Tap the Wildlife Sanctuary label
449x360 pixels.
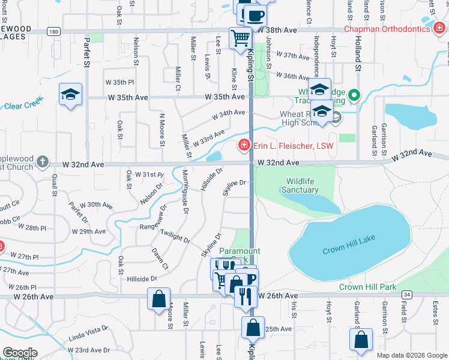pyautogui.click(x=302, y=185)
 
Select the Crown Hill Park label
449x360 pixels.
pyautogui.click(x=367, y=287)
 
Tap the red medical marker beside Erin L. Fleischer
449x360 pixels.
pyautogui.click(x=244, y=145)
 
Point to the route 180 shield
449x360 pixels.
pyautogui.click(x=55, y=31)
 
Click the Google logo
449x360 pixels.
pyautogui.click(x=20, y=353)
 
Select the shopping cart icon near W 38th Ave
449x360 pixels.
pyautogui.click(x=240, y=37)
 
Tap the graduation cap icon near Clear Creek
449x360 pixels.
pyautogui.click(x=70, y=94)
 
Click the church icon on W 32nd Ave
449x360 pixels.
pyautogui.click(x=41, y=162)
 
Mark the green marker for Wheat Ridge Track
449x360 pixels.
pyautogui.click(x=354, y=95)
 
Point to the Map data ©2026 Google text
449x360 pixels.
pyautogui.click(x=411, y=355)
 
